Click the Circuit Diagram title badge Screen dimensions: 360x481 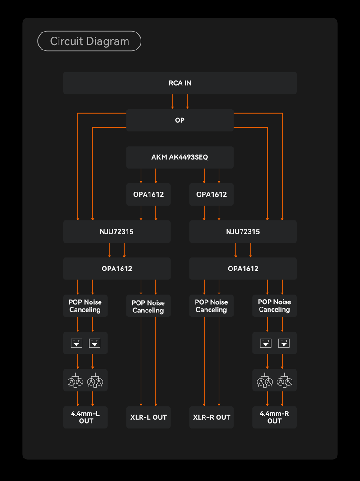click(x=89, y=41)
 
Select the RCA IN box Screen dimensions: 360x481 click(x=180, y=83)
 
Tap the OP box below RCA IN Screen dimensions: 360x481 click(x=180, y=120)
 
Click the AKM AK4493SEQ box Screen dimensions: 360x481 click(x=180, y=157)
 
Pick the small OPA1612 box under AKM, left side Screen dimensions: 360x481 click(x=148, y=194)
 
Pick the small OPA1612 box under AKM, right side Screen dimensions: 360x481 click(x=212, y=194)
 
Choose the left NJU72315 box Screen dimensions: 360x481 click(x=117, y=231)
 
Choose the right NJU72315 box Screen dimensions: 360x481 click(x=243, y=231)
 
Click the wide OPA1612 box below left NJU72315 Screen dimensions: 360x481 click(x=117, y=268)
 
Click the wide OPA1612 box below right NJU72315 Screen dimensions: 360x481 click(x=243, y=268)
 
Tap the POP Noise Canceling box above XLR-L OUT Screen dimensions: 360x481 click(x=148, y=306)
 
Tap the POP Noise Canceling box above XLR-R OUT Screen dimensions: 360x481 click(x=212, y=306)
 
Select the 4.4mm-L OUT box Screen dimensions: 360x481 click(x=85, y=417)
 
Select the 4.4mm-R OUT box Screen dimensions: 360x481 click(x=275, y=417)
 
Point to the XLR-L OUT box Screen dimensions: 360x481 click(x=148, y=417)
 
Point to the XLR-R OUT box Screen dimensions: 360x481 click(x=212, y=417)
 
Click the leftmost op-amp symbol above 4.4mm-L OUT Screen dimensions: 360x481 click(x=76, y=343)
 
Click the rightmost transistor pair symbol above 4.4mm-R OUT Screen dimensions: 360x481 click(x=285, y=380)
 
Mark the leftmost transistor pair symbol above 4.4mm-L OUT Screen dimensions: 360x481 click(x=75, y=380)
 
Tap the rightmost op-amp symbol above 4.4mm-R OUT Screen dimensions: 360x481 click(x=284, y=343)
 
